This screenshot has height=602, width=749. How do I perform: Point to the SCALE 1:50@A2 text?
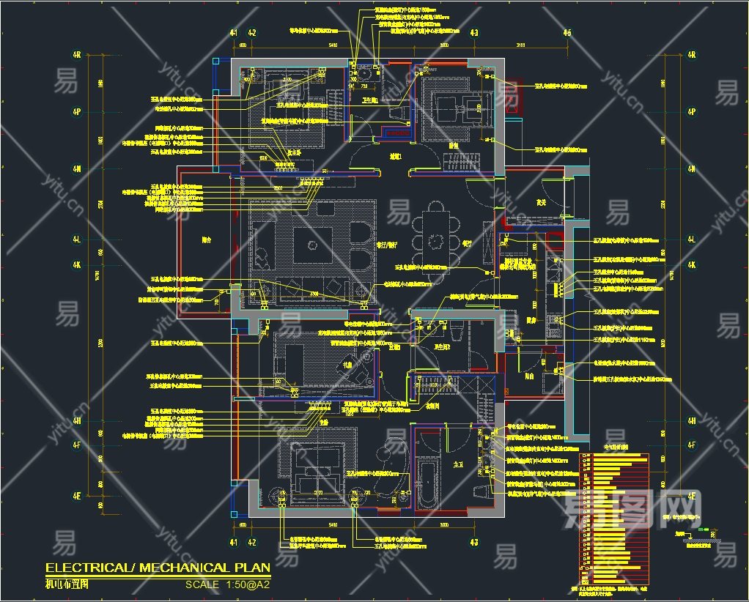pos(228,584)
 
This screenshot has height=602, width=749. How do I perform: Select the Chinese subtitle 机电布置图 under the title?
pos(67,584)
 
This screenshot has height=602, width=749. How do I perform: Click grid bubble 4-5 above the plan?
pos(567,33)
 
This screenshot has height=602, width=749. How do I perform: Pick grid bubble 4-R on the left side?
pos(76,54)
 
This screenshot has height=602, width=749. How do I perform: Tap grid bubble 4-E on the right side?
pos(691,496)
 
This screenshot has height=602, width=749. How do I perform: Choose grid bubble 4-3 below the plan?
pos(474,543)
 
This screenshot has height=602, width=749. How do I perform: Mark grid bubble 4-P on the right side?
pos(691,111)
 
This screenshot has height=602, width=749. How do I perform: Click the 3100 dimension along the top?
pos(520,45)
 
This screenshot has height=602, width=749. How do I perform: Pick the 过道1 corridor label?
pos(396,156)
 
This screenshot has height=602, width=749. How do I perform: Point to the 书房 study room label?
pos(349,363)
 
